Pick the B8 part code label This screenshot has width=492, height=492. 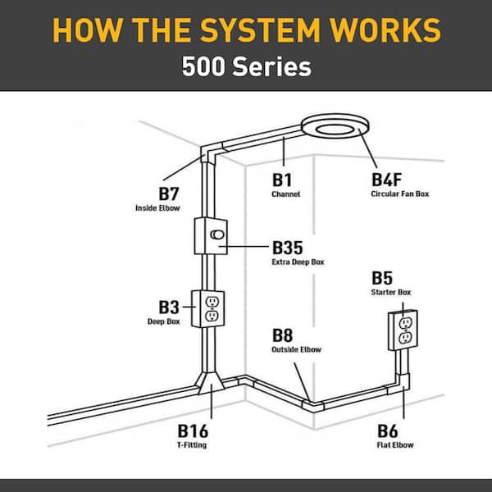tap(284, 335)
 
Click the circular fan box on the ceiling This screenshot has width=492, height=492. tap(336, 128)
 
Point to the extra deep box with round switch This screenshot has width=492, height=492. tap(210, 235)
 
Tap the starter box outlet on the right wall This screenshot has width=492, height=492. tap(403, 329)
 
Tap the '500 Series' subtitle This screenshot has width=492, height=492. tap(246, 66)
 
